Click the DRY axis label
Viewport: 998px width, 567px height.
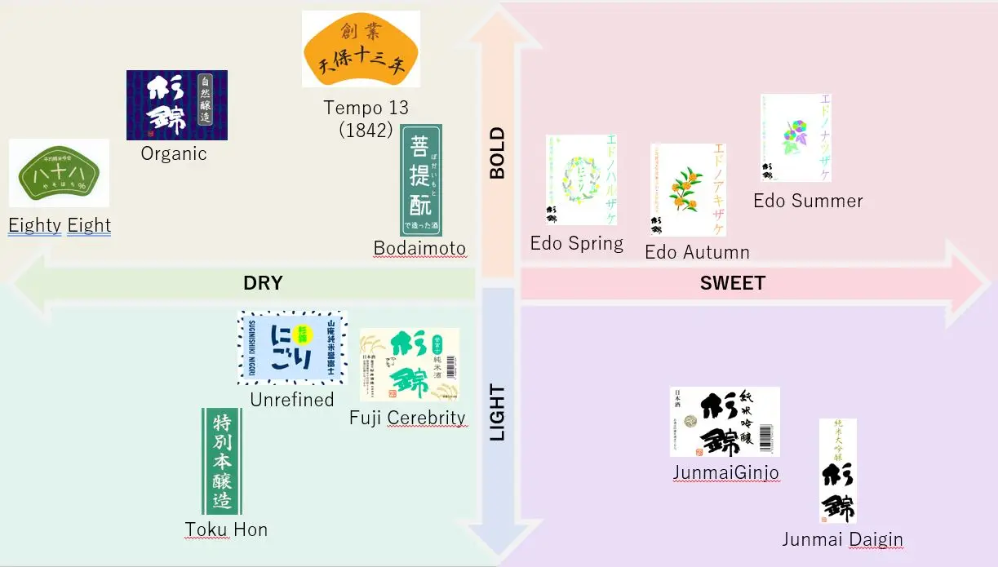coord(263,283)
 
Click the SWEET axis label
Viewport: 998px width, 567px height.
coord(732,283)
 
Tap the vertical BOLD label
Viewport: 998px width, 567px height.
coord(497,153)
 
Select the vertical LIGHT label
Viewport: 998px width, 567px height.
coord(497,412)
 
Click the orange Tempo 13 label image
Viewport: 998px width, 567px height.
coord(361,49)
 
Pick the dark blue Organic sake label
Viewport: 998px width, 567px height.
coord(176,105)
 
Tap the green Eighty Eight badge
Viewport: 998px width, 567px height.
coord(59,173)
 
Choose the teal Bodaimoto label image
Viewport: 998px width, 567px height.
coord(420,180)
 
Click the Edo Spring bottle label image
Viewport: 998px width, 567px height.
coord(581,179)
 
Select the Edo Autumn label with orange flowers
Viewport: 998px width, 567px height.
coord(687,189)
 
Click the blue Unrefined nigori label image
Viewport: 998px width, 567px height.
coord(292,347)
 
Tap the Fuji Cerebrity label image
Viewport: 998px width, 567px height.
coord(409,365)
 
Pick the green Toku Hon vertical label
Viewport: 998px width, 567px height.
coord(221,461)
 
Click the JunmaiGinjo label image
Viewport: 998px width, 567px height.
coord(725,422)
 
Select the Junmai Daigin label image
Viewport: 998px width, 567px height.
coord(837,471)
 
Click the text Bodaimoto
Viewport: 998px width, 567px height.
coord(419,249)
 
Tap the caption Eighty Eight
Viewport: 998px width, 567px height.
coord(60,226)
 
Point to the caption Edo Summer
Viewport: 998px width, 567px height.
coord(808,201)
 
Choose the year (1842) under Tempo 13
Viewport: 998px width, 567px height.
coord(366,130)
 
